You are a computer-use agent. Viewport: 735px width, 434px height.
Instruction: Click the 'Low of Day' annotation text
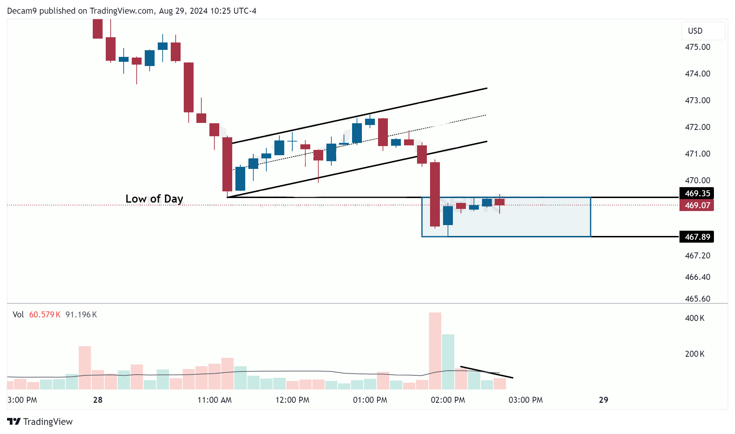click(x=154, y=199)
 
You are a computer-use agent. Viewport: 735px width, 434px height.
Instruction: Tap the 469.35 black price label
click(x=697, y=193)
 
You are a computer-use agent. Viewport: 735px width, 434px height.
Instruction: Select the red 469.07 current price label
click(x=697, y=205)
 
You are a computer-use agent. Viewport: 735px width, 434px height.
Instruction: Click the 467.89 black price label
click(x=697, y=237)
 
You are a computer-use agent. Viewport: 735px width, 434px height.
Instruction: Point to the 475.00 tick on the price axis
click(x=697, y=47)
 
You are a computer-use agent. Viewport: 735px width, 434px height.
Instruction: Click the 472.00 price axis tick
click(x=697, y=127)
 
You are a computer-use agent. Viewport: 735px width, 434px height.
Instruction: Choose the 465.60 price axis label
click(x=697, y=299)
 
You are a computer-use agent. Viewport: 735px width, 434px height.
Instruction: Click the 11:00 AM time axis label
click(x=214, y=400)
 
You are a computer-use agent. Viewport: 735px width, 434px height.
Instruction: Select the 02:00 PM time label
click(x=448, y=400)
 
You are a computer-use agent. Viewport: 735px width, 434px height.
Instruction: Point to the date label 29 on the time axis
click(x=603, y=400)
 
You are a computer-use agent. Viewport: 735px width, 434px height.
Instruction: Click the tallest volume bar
click(x=435, y=351)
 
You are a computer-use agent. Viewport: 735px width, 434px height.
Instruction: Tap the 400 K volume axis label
click(x=695, y=318)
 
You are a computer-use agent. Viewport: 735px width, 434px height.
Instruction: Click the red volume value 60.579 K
click(x=45, y=315)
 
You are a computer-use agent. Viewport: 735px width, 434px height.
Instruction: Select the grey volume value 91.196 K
click(x=81, y=315)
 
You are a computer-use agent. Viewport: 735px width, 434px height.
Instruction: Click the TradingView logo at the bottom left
click(x=40, y=421)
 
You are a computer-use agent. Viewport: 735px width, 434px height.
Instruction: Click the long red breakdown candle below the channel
click(x=435, y=194)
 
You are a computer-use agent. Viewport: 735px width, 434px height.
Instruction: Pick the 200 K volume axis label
click(x=695, y=354)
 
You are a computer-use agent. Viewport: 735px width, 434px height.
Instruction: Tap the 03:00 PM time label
click(x=526, y=400)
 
